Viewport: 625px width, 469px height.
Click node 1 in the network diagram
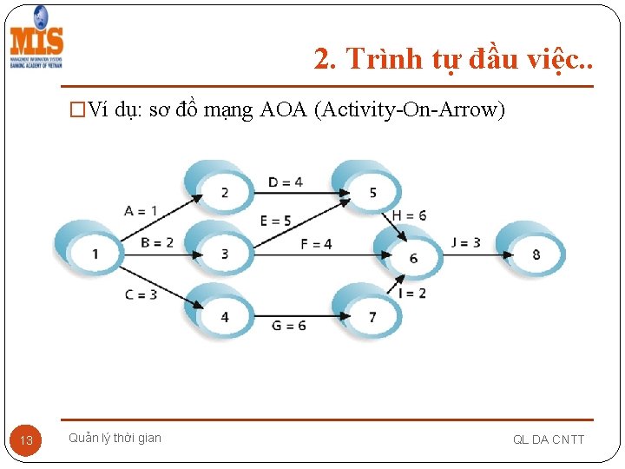click(95, 253)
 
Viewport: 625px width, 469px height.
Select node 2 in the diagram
click(224, 191)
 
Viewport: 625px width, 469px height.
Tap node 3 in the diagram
click(224, 253)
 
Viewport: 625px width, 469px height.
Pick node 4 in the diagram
click(224, 316)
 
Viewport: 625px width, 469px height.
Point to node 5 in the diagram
click(372, 191)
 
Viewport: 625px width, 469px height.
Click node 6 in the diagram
click(413, 257)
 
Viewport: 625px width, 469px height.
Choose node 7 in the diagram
click(372, 316)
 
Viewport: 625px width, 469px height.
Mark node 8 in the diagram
click(536, 254)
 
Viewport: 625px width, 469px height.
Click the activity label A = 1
click(141, 210)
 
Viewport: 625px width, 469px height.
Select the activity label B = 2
click(157, 242)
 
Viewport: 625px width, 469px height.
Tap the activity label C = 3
click(141, 294)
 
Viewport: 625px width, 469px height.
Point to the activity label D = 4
click(286, 182)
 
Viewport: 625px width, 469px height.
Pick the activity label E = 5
click(276, 221)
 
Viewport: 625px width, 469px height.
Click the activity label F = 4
click(316, 244)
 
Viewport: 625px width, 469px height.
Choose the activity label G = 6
click(289, 325)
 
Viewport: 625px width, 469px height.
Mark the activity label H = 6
click(410, 215)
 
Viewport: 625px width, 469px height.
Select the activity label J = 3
click(465, 242)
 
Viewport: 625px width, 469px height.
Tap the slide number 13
click(26, 440)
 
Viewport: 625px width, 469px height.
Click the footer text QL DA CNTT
click(549, 439)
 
